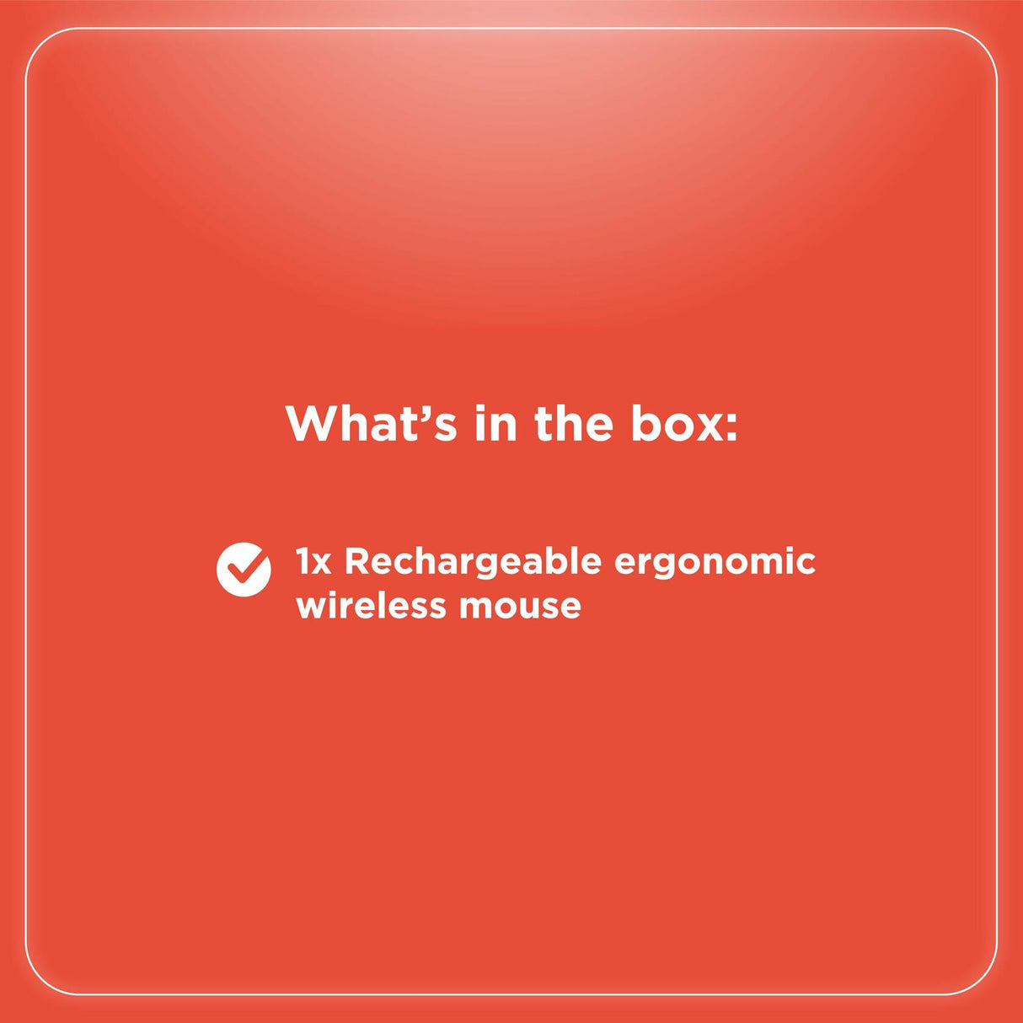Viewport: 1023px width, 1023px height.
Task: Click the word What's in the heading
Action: tap(371, 423)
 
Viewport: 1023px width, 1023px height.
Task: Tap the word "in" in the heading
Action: tap(495, 423)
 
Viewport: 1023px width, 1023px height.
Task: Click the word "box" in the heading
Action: tap(677, 423)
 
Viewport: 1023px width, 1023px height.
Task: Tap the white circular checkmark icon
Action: tap(244, 570)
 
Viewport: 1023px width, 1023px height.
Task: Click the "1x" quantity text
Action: tap(313, 562)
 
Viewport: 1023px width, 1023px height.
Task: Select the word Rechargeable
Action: tap(473, 562)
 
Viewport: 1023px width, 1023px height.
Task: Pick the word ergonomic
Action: tap(715, 562)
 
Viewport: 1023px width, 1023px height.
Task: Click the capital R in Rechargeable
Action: tap(357, 562)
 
